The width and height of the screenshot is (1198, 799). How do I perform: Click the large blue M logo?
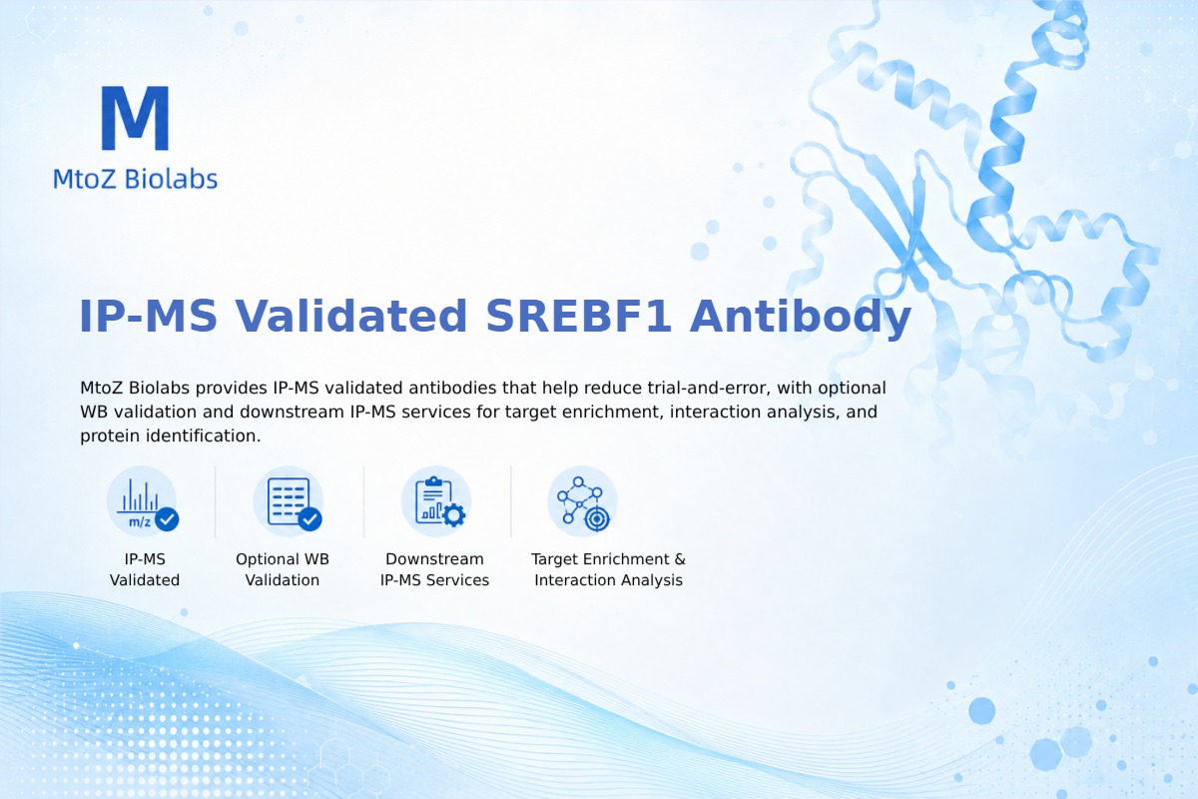[136, 118]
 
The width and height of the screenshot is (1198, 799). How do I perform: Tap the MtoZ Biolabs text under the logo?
[136, 179]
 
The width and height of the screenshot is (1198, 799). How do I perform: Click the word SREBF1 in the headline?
[578, 317]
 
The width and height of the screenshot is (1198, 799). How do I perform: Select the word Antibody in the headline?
[800, 318]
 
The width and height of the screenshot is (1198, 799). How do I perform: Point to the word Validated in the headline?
[351, 316]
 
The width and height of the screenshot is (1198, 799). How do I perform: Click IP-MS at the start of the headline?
[148, 317]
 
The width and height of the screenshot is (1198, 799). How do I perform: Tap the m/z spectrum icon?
[142, 501]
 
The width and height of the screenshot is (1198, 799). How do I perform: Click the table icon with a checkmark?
[289, 501]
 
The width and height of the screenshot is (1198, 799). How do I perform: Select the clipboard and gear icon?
[436, 501]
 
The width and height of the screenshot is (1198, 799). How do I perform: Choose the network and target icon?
[582, 501]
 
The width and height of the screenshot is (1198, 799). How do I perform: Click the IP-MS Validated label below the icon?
[145, 569]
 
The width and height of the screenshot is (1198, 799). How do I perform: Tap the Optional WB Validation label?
[283, 569]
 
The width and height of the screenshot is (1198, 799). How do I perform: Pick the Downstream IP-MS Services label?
[435, 569]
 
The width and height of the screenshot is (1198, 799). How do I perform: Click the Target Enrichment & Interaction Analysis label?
[609, 569]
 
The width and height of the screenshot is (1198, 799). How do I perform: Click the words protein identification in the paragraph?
[170, 435]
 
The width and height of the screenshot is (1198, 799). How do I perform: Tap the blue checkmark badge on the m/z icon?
[167, 519]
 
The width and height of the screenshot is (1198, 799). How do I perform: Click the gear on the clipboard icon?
[454, 515]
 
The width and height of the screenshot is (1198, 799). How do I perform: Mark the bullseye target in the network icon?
[597, 519]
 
